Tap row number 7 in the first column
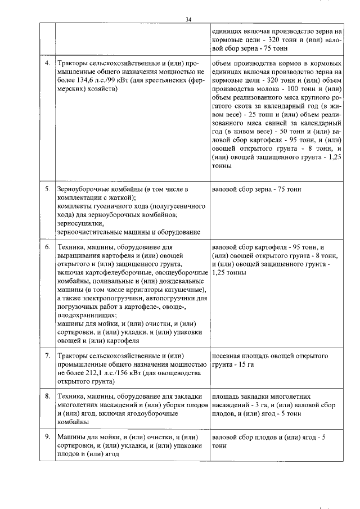(x=47, y=356)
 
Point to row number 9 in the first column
(x=47, y=436)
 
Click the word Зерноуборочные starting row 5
(x=84, y=188)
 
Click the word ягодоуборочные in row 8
(x=164, y=414)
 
